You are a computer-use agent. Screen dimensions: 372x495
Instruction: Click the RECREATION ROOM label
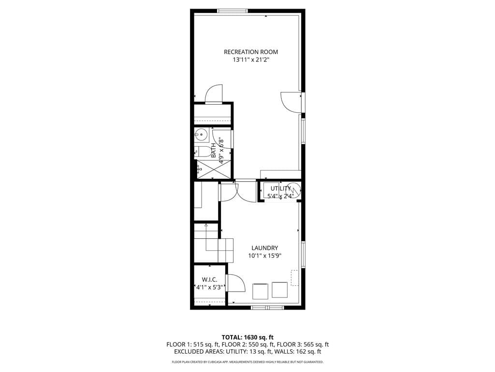click(250, 52)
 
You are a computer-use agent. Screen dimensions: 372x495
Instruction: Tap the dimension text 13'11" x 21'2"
click(250, 60)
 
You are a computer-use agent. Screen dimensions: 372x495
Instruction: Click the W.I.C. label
click(209, 279)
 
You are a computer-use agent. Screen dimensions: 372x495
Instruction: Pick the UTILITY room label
click(280, 188)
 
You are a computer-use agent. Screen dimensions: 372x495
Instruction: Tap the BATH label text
click(214, 150)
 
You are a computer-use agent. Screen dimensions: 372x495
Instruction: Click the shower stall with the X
click(213, 170)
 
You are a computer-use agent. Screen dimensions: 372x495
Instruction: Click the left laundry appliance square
click(261, 291)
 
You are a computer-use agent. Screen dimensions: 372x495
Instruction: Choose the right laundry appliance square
click(279, 290)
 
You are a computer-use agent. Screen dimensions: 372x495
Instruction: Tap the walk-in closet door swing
click(234, 283)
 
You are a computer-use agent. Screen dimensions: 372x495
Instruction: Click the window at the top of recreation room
click(233, 11)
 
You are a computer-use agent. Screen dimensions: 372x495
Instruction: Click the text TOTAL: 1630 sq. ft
click(247, 337)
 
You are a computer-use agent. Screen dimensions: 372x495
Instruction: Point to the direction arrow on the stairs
click(206, 225)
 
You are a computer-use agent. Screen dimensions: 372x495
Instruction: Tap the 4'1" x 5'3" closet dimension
click(209, 287)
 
